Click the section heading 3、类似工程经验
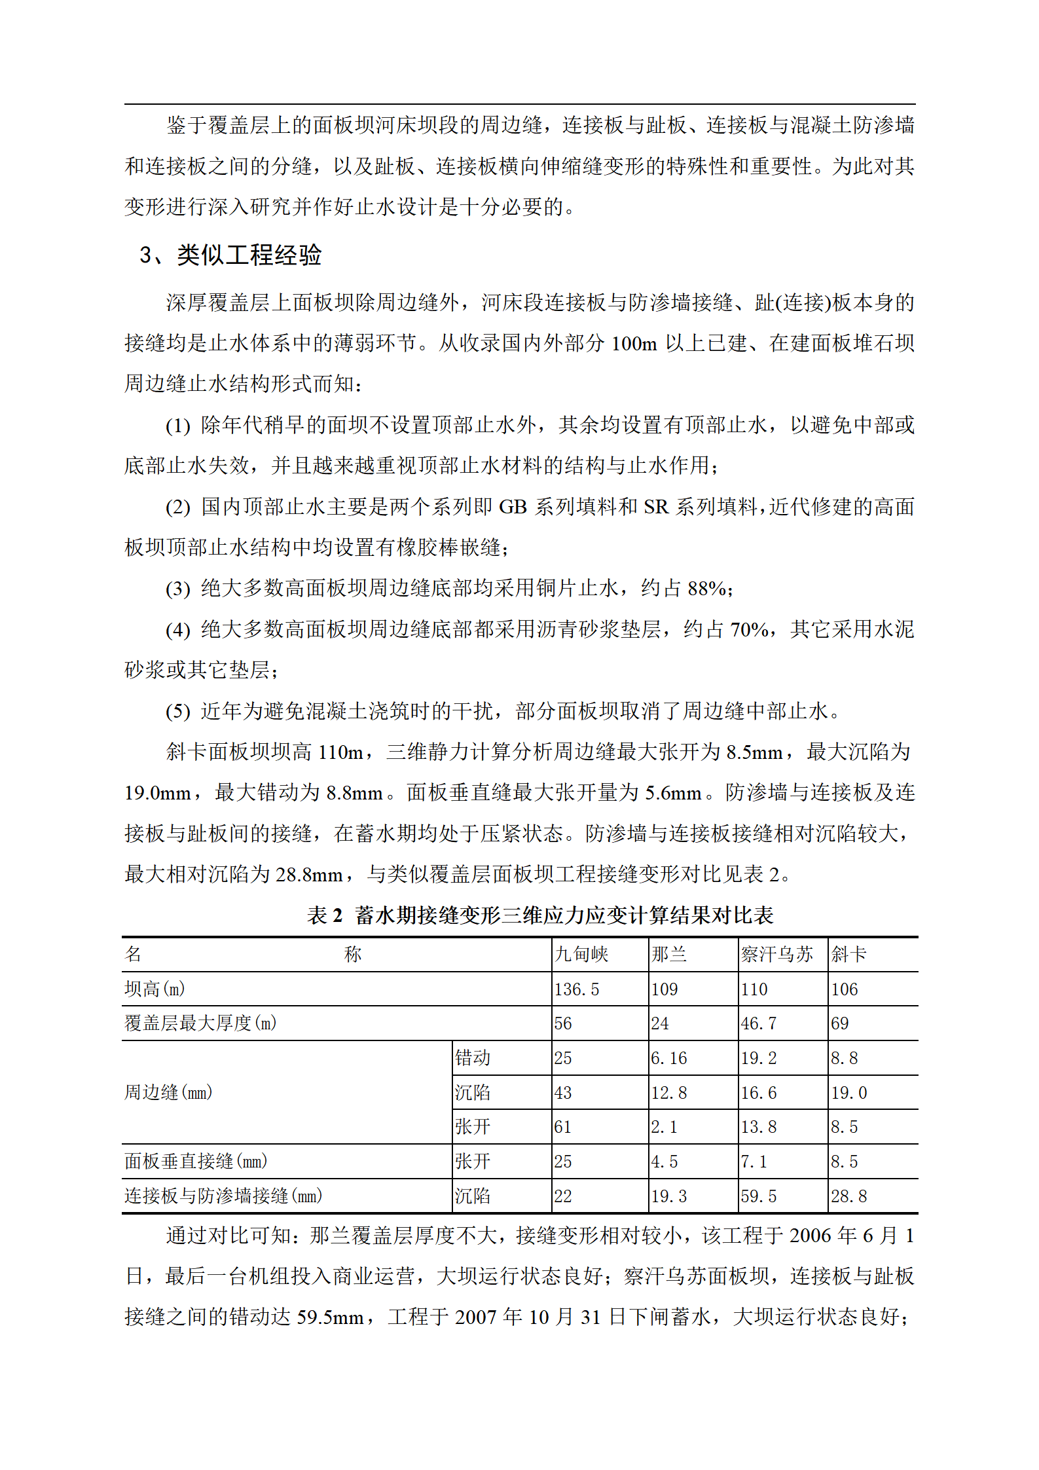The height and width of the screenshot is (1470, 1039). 230,255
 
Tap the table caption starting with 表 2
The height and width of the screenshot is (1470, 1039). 540,915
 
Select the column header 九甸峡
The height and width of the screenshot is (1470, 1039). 581,954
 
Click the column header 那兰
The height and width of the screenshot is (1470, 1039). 668,954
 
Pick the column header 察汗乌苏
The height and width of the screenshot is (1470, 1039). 776,954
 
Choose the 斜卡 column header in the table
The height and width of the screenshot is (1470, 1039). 848,954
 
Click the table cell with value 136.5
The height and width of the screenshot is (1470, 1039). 577,989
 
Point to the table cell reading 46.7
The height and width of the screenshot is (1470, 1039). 758,1023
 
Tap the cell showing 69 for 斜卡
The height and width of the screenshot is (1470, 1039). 840,1023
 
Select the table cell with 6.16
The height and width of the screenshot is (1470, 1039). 668,1057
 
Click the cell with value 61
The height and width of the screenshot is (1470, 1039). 563,1126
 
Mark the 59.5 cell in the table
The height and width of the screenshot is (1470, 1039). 758,1196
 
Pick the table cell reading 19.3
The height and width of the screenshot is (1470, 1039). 668,1196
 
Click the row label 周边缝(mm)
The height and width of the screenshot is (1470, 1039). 168,1092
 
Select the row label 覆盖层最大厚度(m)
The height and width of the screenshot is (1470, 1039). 200,1023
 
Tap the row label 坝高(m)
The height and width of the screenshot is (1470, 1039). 155,989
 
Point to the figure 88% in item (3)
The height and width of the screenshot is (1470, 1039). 706,588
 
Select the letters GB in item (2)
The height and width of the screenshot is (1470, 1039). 513,507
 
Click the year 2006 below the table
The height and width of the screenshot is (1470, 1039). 810,1236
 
